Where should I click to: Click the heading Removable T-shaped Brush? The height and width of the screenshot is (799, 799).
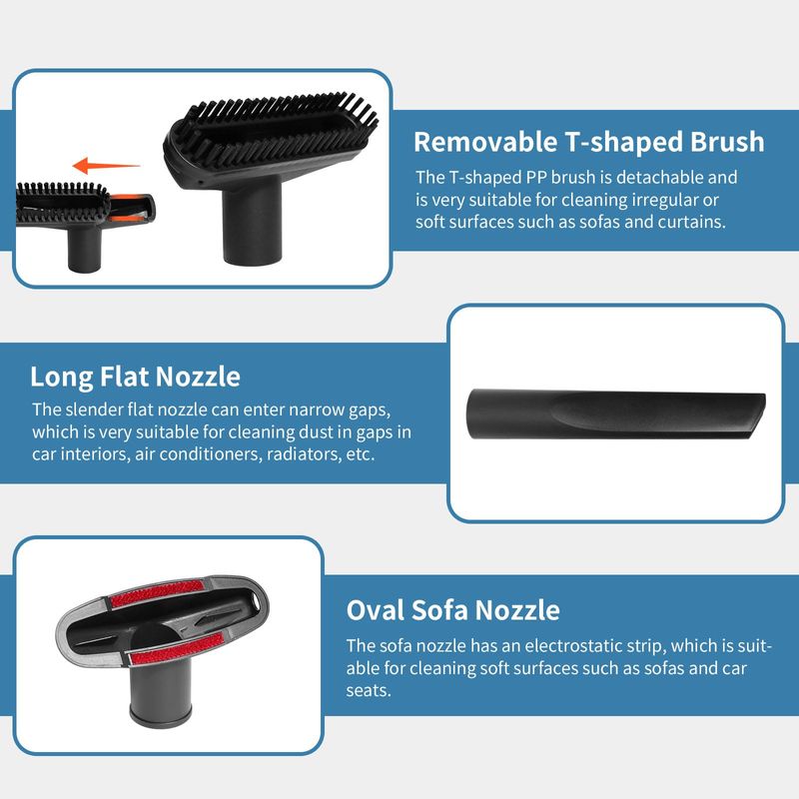click(x=588, y=142)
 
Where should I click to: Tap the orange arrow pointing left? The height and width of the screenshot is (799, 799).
click(x=106, y=166)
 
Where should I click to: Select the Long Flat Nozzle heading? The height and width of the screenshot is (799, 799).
click(x=135, y=377)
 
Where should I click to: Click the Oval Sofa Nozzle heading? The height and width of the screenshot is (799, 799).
click(x=453, y=610)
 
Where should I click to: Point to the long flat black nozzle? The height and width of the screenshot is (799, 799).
click(x=616, y=414)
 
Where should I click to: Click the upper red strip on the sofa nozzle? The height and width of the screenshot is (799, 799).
click(x=157, y=593)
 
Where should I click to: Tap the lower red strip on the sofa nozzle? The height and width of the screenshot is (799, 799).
click(x=176, y=648)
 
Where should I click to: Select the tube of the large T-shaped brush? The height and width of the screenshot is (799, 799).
click(x=252, y=221)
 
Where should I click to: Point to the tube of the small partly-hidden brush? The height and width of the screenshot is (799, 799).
click(x=85, y=249)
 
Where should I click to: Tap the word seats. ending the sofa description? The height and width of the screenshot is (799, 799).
click(x=369, y=691)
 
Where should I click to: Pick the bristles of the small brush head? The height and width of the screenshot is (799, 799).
click(x=62, y=202)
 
